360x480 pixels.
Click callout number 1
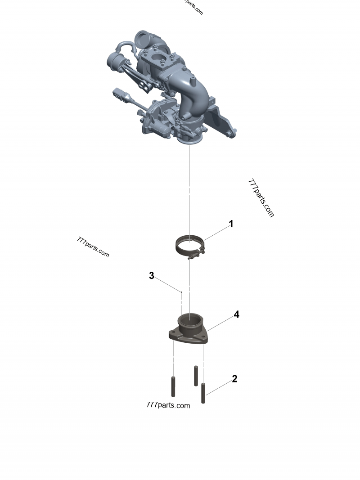pos(231,224)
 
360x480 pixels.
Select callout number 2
pos(234,379)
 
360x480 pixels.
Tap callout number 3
pos(152,276)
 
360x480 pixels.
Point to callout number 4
pos(236,314)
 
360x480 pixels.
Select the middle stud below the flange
pos(196,376)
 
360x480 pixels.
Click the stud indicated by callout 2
pos(203,393)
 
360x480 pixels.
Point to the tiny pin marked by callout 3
pos(181,292)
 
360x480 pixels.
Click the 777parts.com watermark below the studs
pos(168,405)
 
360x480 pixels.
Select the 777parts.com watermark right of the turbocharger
pos(261,198)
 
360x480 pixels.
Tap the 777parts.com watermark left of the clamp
pos(93,247)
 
